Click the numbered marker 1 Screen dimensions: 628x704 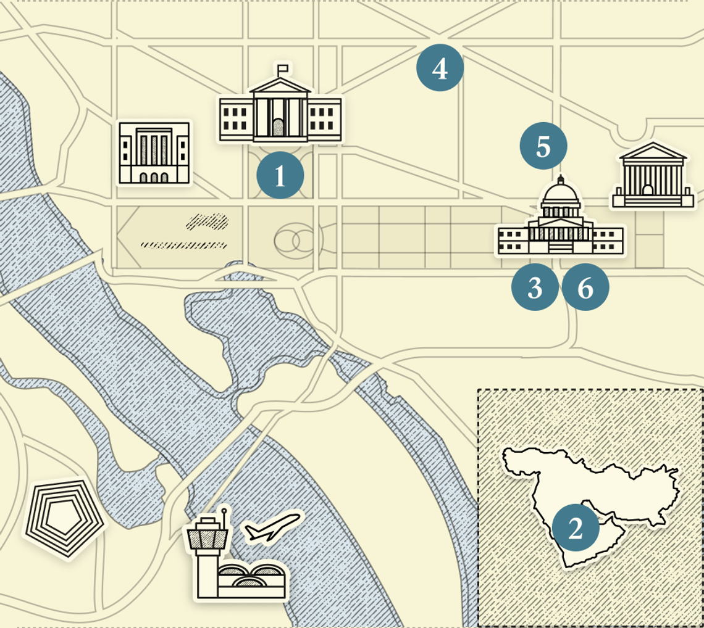click(280, 175)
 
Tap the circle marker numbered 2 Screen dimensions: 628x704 click(576, 529)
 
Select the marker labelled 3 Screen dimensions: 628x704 click(535, 287)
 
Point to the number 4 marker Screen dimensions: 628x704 click(440, 68)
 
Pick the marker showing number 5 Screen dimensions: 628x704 click(543, 147)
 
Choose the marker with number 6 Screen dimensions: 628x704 click(585, 287)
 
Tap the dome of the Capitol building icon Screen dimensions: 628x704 click(561, 196)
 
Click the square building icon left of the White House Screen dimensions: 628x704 click(154, 152)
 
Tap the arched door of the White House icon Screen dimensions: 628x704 click(279, 128)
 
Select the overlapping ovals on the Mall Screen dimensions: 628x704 click(295, 241)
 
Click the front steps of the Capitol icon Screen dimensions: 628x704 click(561, 247)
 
